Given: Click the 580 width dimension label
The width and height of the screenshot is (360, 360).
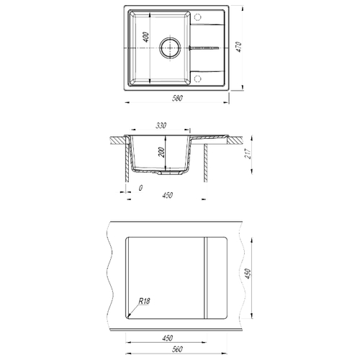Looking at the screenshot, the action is (x=177, y=98).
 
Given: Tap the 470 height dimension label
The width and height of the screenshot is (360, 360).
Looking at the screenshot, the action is (x=238, y=47).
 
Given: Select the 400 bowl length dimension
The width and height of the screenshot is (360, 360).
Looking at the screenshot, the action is (x=146, y=37).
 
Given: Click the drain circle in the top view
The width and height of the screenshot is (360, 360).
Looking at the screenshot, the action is (x=170, y=48).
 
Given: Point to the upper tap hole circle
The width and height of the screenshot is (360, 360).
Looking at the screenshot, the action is (x=197, y=17).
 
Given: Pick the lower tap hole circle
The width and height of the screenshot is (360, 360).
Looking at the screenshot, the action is (x=197, y=78).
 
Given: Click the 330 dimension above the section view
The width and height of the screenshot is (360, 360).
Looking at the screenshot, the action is (x=161, y=125).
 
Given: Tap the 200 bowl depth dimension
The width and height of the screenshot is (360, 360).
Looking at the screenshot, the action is (x=162, y=153).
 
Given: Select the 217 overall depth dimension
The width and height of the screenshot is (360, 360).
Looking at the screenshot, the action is (x=248, y=153).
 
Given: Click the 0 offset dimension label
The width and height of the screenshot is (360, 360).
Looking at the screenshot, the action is (x=140, y=188).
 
